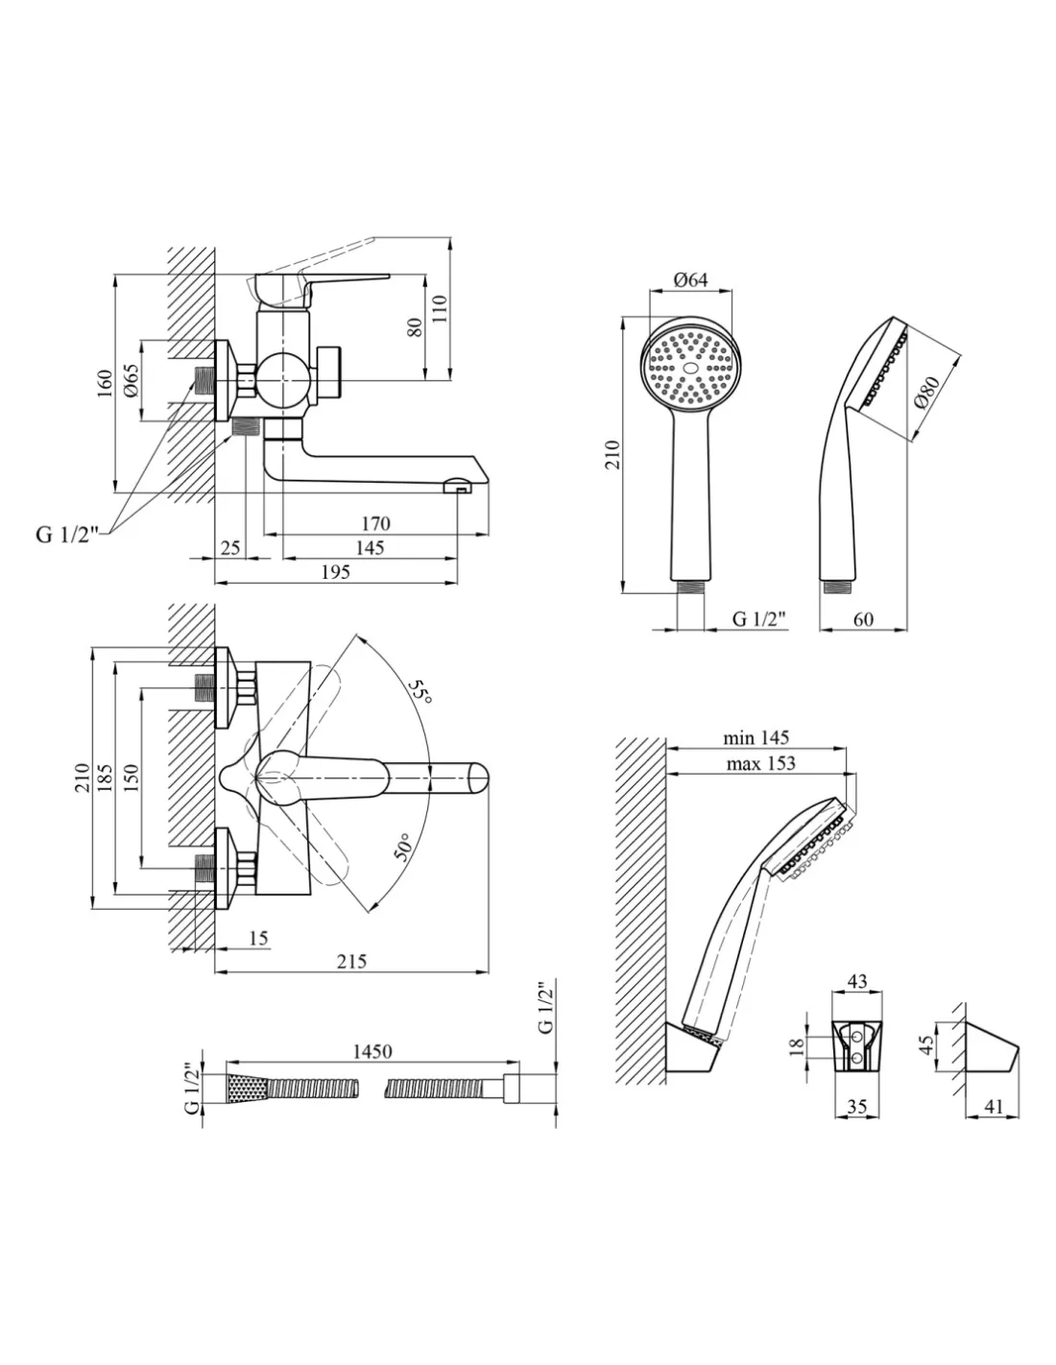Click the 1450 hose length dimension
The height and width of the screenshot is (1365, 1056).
coord(372,1051)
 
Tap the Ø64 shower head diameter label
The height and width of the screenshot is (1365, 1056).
coord(690,279)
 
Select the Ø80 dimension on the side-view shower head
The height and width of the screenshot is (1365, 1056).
coord(926,392)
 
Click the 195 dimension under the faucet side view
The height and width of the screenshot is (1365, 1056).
coord(334,572)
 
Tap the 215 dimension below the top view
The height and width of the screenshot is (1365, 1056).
coord(351,962)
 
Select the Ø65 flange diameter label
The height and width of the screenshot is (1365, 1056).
coord(132,381)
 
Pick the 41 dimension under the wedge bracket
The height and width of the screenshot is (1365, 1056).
coord(993,1107)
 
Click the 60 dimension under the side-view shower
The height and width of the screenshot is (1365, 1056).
coord(862,619)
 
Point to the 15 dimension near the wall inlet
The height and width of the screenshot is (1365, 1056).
coord(258,938)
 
